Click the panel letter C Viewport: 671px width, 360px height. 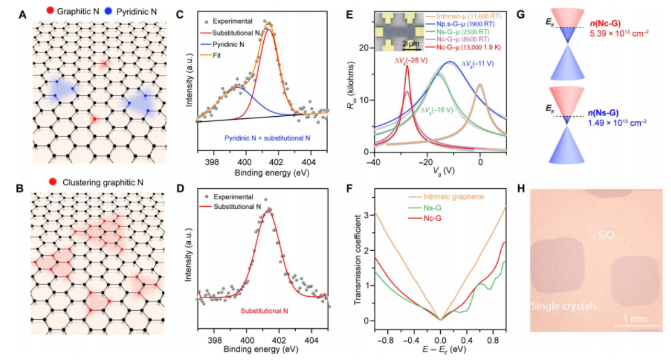click(x=180, y=15)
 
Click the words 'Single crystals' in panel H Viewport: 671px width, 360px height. click(x=564, y=306)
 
